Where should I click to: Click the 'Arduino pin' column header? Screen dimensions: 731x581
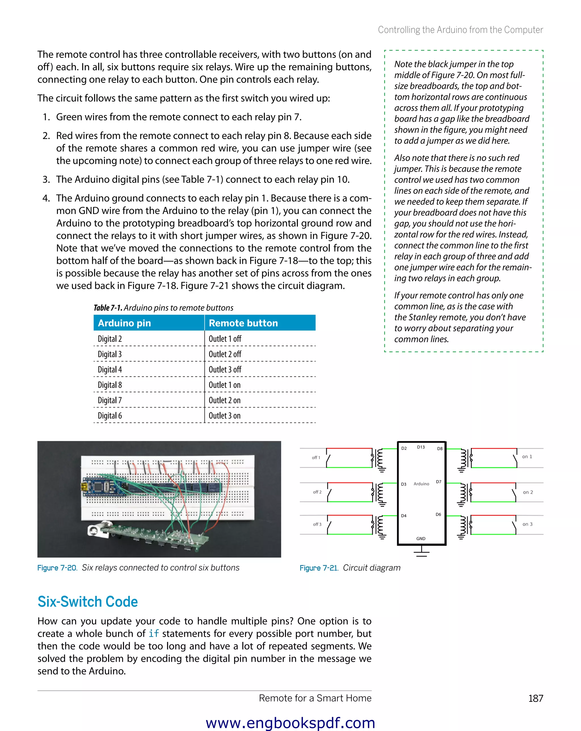coord(125,323)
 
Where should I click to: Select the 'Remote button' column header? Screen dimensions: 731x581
coord(243,323)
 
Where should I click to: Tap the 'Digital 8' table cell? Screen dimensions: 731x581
coord(110,385)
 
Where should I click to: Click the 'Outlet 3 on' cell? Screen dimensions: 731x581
coord(224,416)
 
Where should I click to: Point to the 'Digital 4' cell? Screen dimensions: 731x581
coord(110,369)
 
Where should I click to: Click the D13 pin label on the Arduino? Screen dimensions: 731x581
coord(421,447)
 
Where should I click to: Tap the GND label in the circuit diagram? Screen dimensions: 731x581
coord(421,538)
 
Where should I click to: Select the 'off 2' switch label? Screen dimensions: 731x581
coord(317,492)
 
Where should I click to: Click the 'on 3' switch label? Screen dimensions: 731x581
coord(527,524)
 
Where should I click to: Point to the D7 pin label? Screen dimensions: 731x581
coord(439,482)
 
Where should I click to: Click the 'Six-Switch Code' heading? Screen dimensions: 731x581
coord(88,602)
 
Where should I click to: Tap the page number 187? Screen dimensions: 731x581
coord(536,698)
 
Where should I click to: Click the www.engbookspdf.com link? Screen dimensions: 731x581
coord(290,723)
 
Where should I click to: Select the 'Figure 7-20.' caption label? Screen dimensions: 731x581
coord(57,568)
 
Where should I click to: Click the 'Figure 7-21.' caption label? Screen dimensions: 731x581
coord(319,568)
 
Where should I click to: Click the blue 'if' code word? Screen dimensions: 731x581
coord(153,633)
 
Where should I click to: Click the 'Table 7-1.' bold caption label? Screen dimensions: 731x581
coord(108,308)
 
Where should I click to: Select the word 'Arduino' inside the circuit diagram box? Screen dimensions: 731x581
coord(421,484)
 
